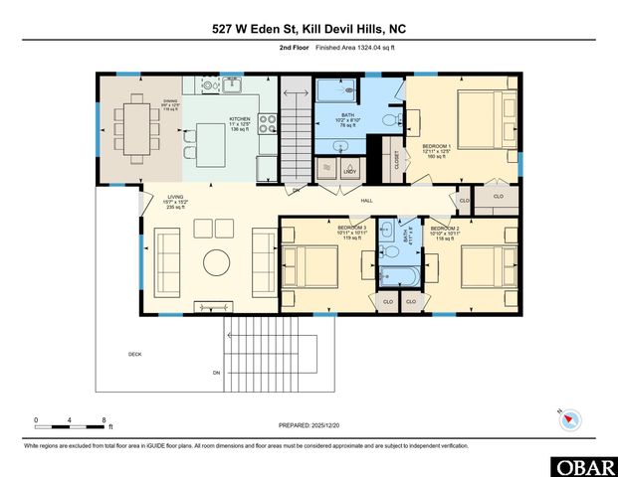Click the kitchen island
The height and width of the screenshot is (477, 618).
212,145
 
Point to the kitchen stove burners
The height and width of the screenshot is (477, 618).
268,124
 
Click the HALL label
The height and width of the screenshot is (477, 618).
365,202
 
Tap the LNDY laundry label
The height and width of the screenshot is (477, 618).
350,172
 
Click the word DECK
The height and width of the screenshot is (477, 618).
134,354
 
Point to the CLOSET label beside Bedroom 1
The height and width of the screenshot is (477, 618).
396,160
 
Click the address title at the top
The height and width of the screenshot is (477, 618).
309,29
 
